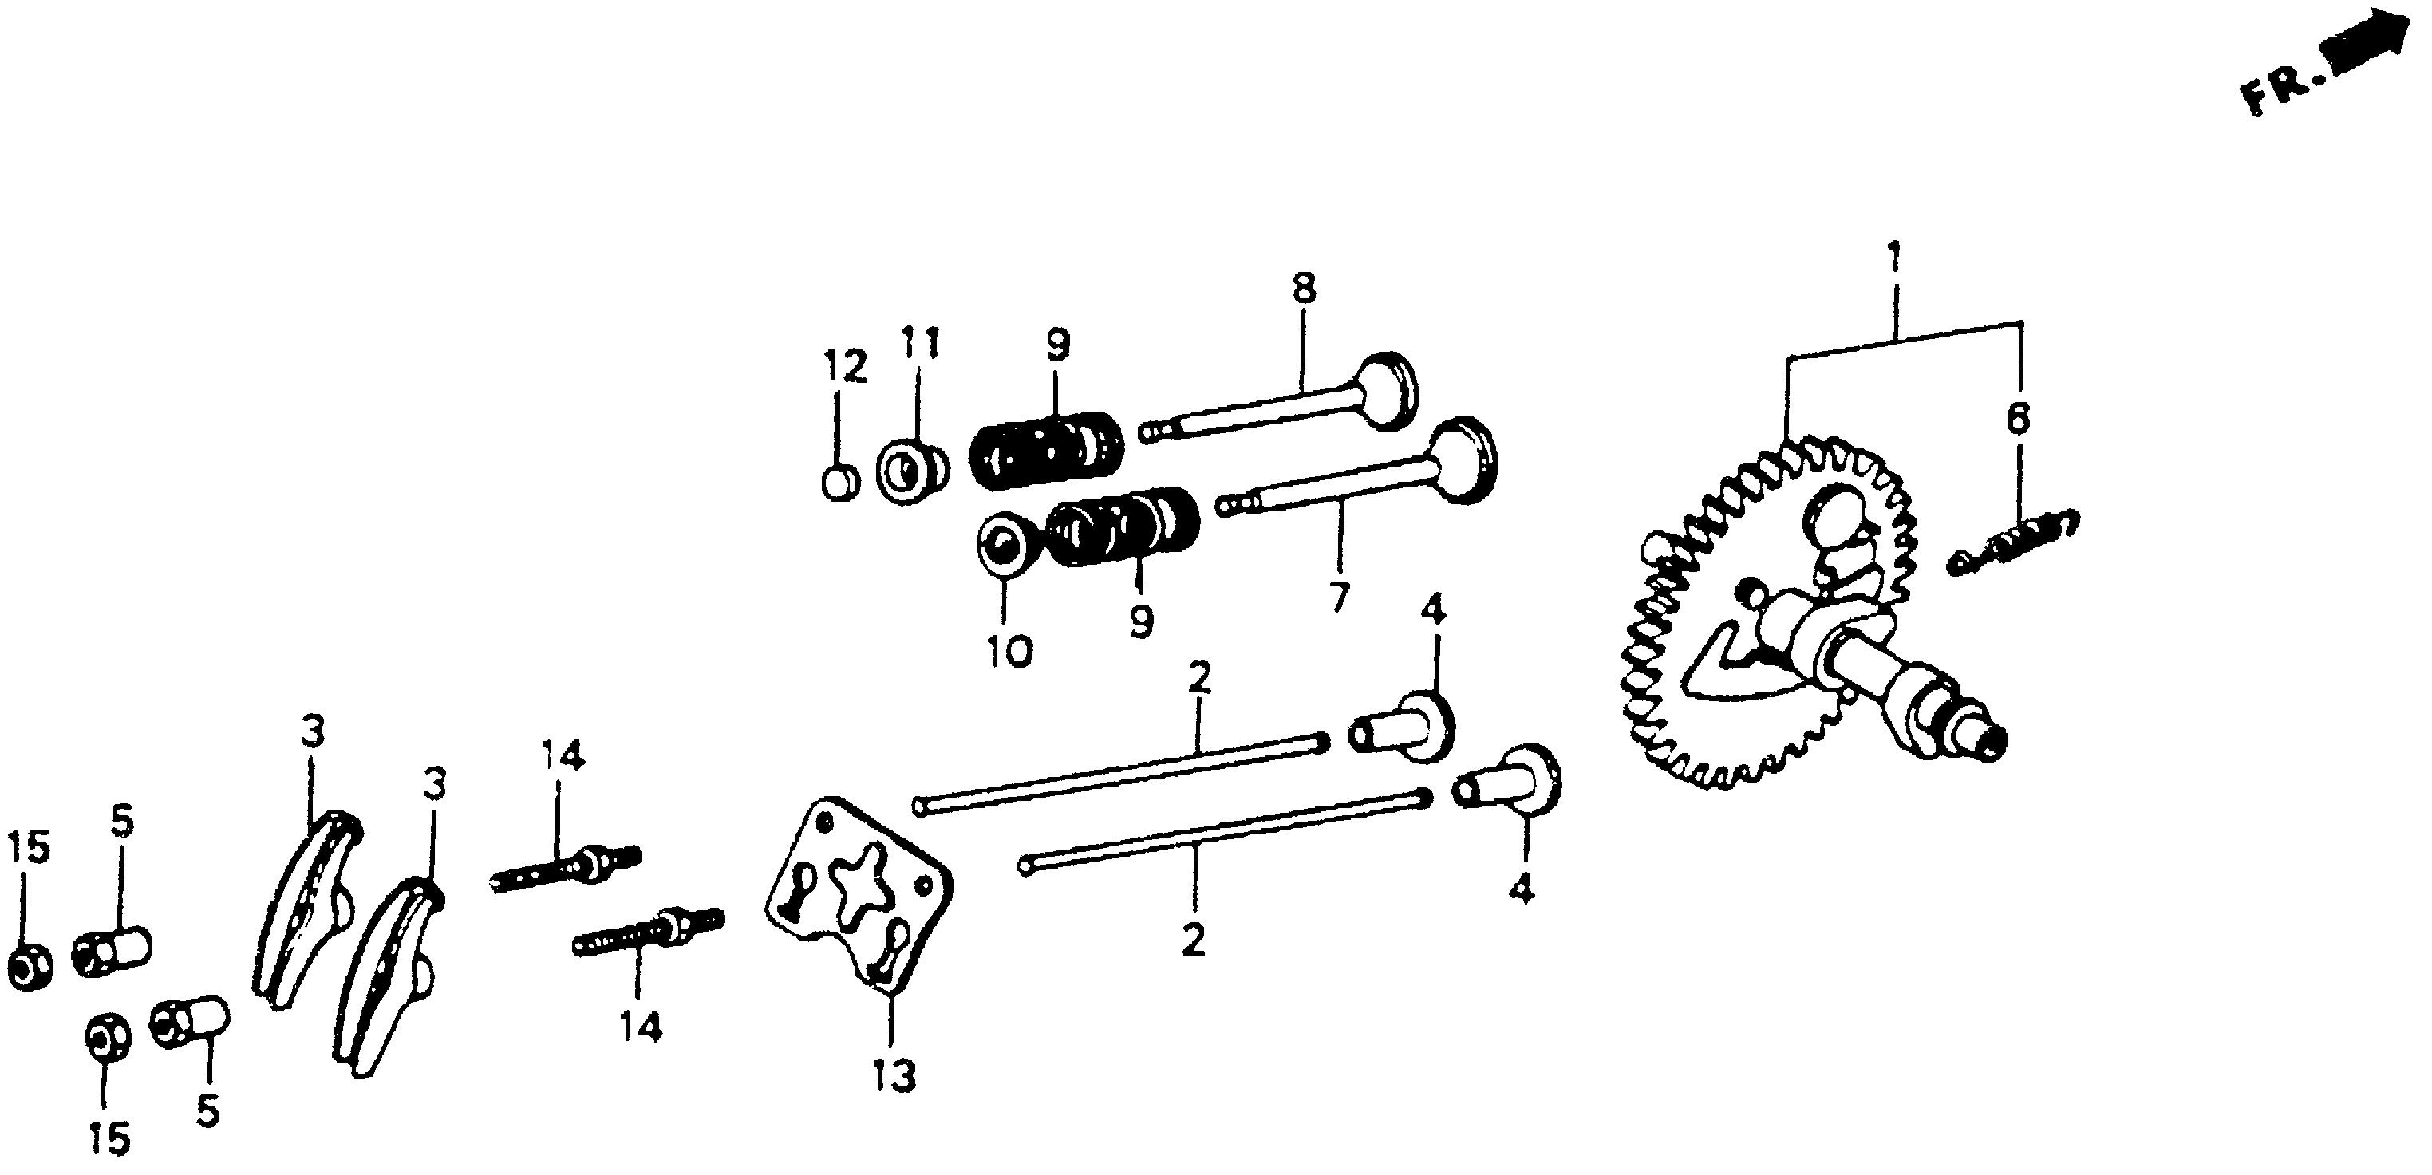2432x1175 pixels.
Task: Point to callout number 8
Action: [x=1304, y=289]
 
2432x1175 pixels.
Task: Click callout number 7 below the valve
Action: [x=1339, y=597]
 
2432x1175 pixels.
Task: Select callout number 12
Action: [x=843, y=367]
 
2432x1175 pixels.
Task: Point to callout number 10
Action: [x=1009, y=651]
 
